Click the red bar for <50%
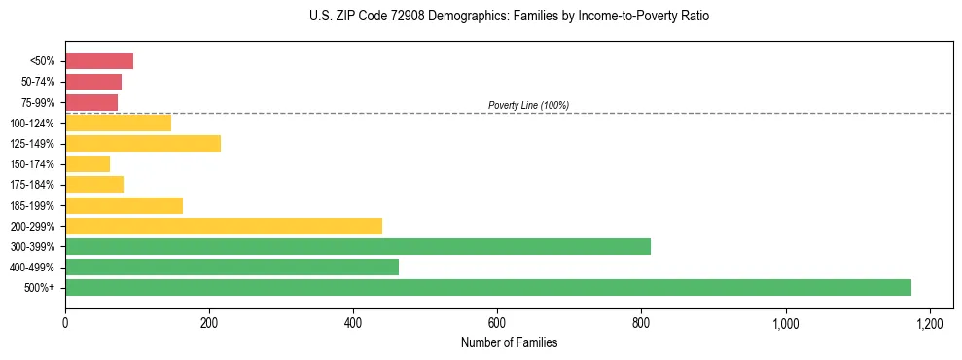point(99,61)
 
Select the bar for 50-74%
point(93,82)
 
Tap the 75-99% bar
point(91,102)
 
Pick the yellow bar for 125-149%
point(143,143)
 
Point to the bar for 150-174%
point(88,163)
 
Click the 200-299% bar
point(224,226)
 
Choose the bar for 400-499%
point(232,267)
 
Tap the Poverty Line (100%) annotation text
point(528,105)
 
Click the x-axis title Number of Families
point(509,342)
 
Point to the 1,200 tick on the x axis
point(930,322)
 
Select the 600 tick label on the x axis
point(497,322)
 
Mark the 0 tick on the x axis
point(65,322)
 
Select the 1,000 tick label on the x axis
point(785,322)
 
